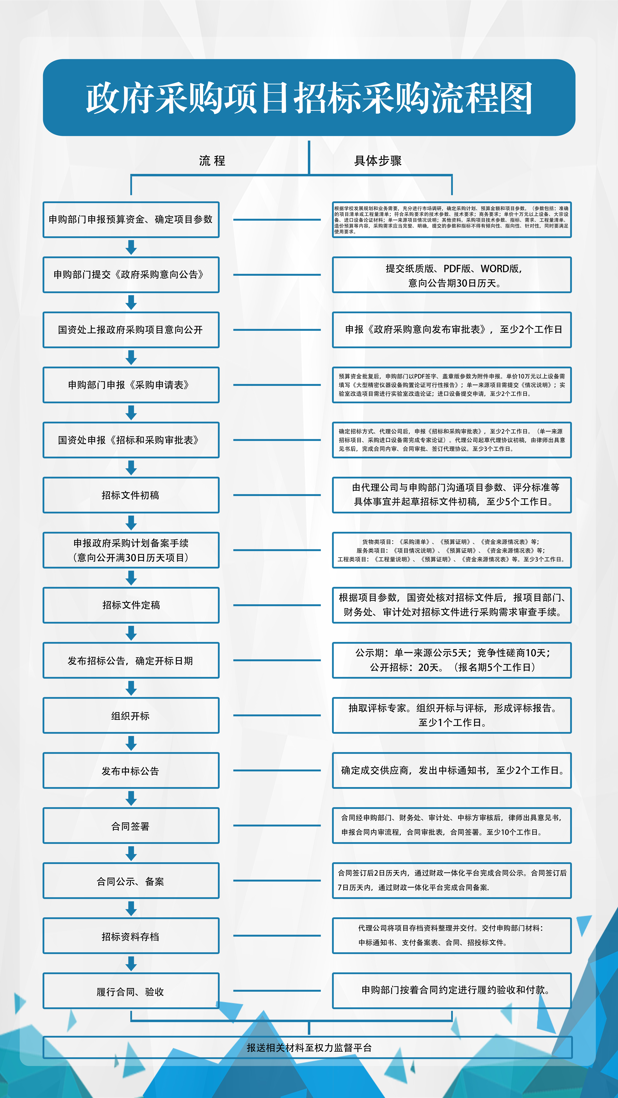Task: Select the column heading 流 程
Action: click(x=212, y=161)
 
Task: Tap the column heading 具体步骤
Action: click(x=378, y=161)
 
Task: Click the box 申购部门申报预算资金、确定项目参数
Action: click(x=131, y=219)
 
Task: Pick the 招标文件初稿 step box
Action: click(x=131, y=495)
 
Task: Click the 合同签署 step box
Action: click(x=131, y=826)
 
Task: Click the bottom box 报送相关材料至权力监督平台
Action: click(x=307, y=1047)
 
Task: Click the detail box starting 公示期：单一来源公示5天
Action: click(x=452, y=660)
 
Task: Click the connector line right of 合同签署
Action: click(x=277, y=826)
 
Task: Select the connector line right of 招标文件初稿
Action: click(x=277, y=495)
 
